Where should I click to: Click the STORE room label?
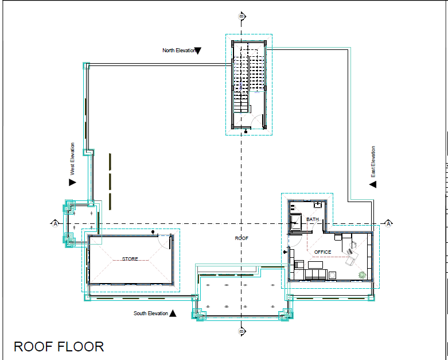click(130, 259)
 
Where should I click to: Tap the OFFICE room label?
click(322, 252)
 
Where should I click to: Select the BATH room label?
click(312, 219)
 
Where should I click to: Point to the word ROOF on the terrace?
click(241, 238)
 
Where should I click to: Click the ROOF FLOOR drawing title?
click(59, 347)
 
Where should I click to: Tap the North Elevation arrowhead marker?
click(198, 51)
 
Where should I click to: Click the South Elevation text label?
click(150, 313)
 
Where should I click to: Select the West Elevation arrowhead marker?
click(72, 182)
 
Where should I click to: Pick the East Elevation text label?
click(373, 162)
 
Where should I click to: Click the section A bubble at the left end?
click(55, 223)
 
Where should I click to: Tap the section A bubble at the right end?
click(388, 223)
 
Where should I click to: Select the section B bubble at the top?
click(241, 16)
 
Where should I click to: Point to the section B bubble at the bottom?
click(241, 331)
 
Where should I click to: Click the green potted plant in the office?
click(362, 275)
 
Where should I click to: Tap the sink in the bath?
click(318, 205)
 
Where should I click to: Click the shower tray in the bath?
click(296, 222)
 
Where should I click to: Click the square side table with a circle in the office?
click(332, 276)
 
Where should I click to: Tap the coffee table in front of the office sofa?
click(315, 265)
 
